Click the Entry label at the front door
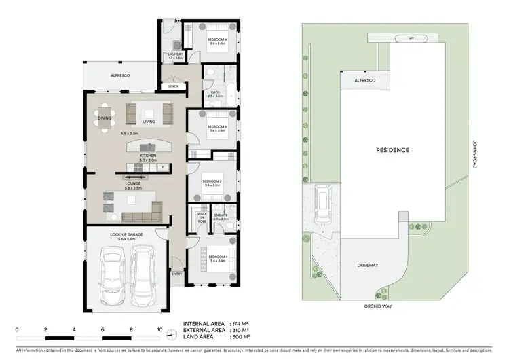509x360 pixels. tap(177, 274)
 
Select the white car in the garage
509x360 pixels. tap(145, 277)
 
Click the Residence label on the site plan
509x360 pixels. tap(393, 149)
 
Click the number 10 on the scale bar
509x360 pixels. tap(159, 329)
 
